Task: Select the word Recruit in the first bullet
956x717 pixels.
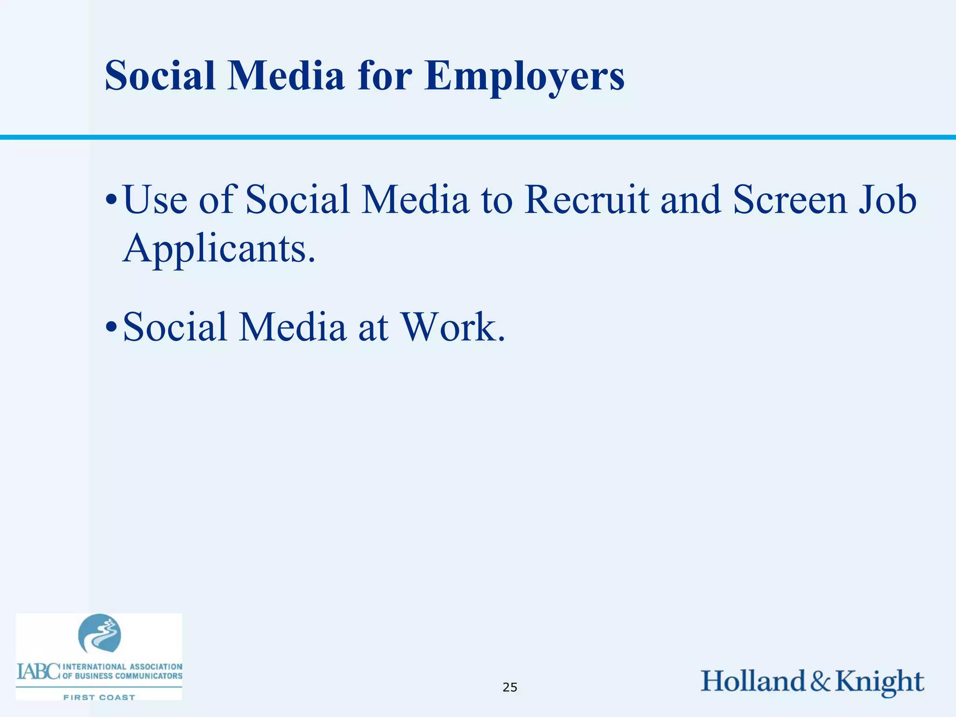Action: pos(586,200)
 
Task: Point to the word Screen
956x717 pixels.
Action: pos(789,200)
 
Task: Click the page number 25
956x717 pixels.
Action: pos(510,687)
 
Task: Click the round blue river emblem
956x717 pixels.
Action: pos(99,633)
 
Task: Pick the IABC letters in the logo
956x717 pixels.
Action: pos(38,671)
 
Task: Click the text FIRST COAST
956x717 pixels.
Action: pos(99,697)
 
